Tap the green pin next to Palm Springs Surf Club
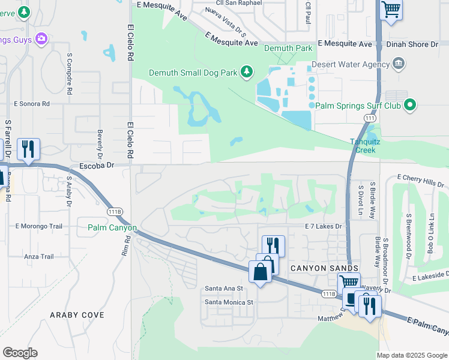pyautogui.click(x=410, y=106)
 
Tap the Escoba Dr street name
pyautogui.click(x=97, y=164)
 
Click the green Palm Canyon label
pyautogui.click(x=112, y=228)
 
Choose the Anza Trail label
pyautogui.click(x=39, y=257)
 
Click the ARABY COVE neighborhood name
pyautogui.click(x=77, y=314)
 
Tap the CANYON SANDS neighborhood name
pyautogui.click(x=324, y=268)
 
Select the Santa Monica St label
pyautogui.click(x=230, y=302)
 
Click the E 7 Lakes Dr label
pyautogui.click(x=323, y=226)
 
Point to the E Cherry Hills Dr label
pyautogui.click(x=423, y=179)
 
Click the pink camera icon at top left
pyautogui.click(x=41, y=40)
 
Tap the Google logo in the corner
pyautogui.click(x=20, y=353)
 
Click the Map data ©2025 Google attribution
pyautogui.click(x=411, y=355)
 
